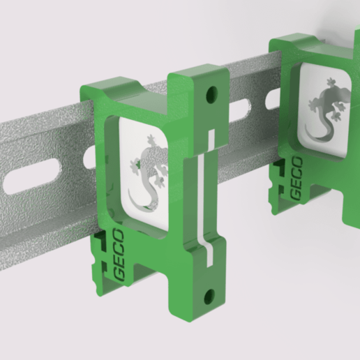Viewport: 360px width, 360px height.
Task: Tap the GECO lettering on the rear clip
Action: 296,178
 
